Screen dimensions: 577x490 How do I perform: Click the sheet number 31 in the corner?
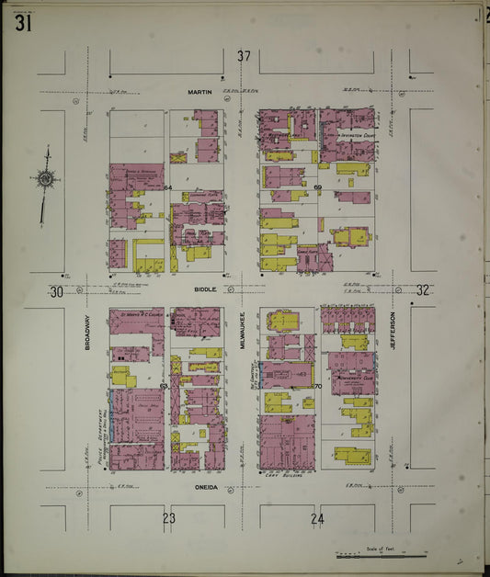click(23, 23)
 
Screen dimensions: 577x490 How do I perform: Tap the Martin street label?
click(199, 92)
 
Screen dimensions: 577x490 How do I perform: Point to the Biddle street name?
click(204, 288)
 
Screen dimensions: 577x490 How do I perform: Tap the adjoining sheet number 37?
click(243, 57)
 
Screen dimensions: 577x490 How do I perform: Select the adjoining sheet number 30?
click(56, 291)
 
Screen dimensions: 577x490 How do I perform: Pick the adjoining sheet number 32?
click(422, 290)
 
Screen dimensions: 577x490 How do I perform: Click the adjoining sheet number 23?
click(168, 518)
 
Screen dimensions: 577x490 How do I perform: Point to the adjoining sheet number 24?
click(317, 518)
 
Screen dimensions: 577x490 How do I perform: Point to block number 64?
click(168, 187)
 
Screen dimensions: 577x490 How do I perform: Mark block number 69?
click(317, 187)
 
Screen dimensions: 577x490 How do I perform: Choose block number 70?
click(317, 386)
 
